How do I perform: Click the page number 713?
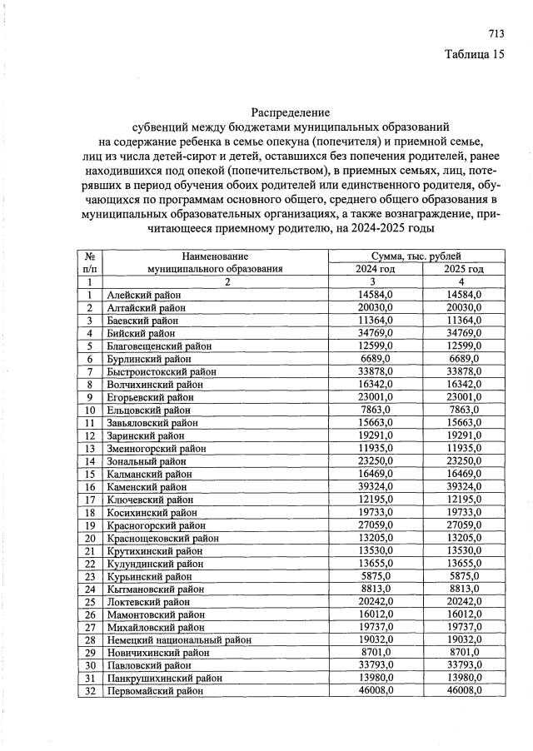[x=496, y=34]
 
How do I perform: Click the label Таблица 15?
[x=475, y=56]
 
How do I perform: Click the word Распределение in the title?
[x=291, y=112]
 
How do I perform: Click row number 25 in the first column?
[x=88, y=602]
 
